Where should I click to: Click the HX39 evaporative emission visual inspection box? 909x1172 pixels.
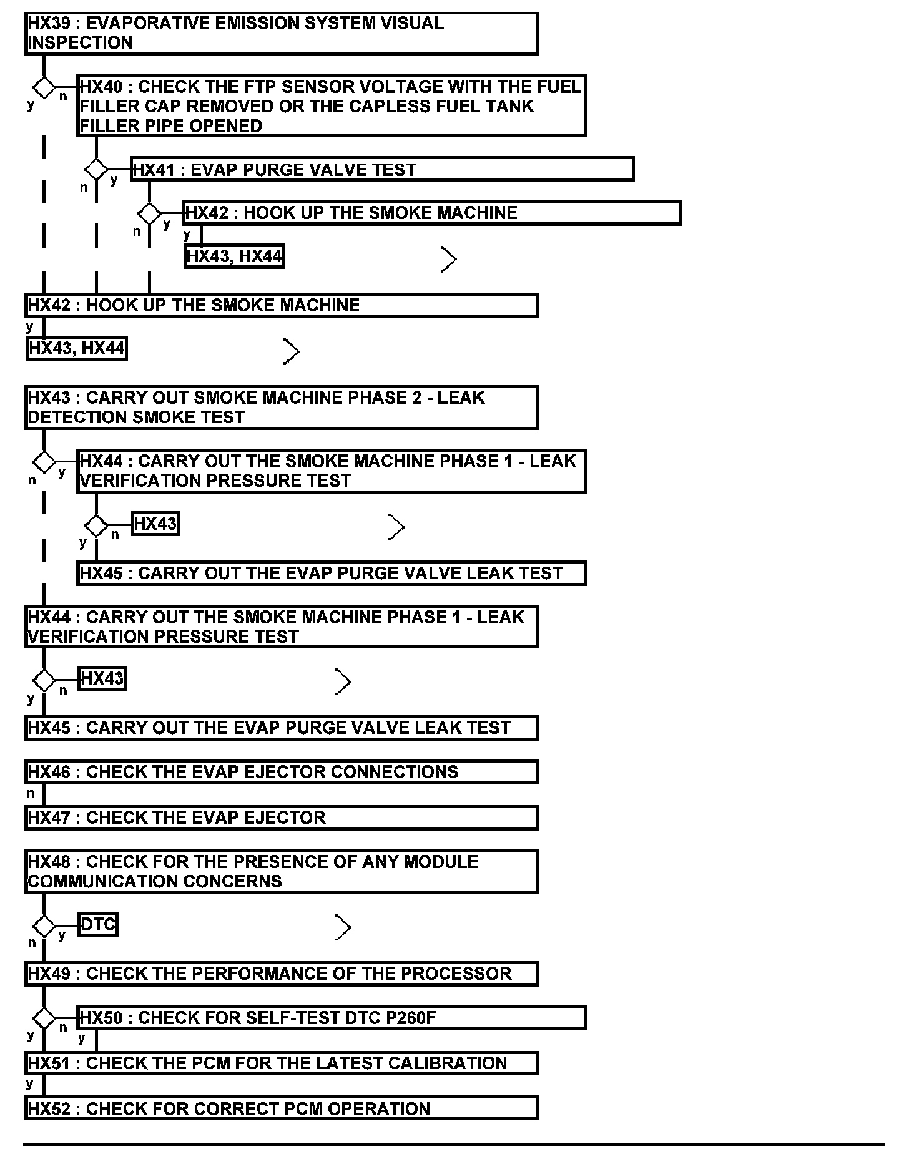pos(281,33)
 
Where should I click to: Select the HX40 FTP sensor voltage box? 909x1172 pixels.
pos(331,106)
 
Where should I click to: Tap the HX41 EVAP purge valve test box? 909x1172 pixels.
pos(382,169)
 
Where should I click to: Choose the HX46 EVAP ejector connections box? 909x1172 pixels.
pos(281,772)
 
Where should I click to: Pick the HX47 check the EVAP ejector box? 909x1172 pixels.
pos(281,818)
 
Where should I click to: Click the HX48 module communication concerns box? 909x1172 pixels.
pos(281,871)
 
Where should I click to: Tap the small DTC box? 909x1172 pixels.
pos(99,924)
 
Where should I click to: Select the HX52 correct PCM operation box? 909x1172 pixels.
pos(281,1108)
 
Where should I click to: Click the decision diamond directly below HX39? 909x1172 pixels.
pos(44,88)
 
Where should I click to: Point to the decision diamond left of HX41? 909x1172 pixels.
pos(96,169)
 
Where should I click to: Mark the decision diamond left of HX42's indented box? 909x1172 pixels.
pos(149,213)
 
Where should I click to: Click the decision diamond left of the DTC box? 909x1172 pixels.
pos(44,925)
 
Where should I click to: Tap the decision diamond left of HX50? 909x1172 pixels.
pos(44,1018)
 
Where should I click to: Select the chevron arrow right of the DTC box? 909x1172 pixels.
pos(343,927)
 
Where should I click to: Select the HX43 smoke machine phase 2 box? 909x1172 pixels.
pos(281,408)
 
